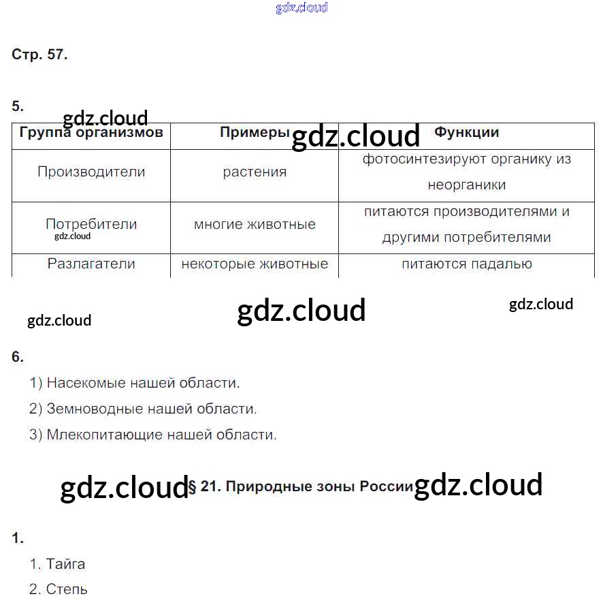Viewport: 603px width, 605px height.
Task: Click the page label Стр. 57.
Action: pyautogui.click(x=39, y=55)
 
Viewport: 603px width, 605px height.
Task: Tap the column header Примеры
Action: pyautogui.click(x=255, y=132)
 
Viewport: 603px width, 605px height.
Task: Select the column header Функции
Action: pyautogui.click(x=467, y=132)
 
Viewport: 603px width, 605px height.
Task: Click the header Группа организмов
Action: pyautogui.click(x=91, y=133)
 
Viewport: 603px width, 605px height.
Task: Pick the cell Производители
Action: pyautogui.click(x=91, y=172)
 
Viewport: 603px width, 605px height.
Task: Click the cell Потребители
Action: pyautogui.click(x=91, y=223)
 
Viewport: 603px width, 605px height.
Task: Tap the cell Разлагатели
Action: pyautogui.click(x=91, y=264)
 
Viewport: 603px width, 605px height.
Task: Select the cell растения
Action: pyautogui.click(x=255, y=172)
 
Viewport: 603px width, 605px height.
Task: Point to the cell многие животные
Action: pyautogui.click(x=255, y=224)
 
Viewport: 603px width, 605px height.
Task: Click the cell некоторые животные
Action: pyautogui.click(x=255, y=264)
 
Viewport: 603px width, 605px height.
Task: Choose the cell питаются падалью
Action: pyautogui.click(x=467, y=264)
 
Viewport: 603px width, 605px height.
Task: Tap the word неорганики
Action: pyautogui.click(x=467, y=185)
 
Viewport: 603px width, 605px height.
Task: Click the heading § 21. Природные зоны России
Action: pyautogui.click(x=300, y=486)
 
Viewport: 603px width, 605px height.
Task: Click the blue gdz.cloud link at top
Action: pyautogui.click(x=301, y=7)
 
